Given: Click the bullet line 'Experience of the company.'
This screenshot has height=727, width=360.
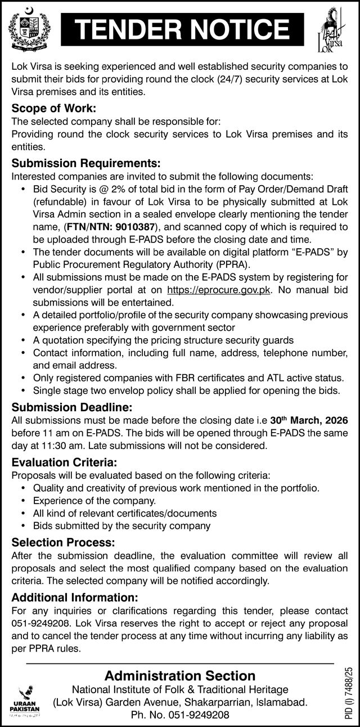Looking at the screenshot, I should tap(94, 500).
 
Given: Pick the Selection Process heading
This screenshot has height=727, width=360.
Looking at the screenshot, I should tap(63, 542).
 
